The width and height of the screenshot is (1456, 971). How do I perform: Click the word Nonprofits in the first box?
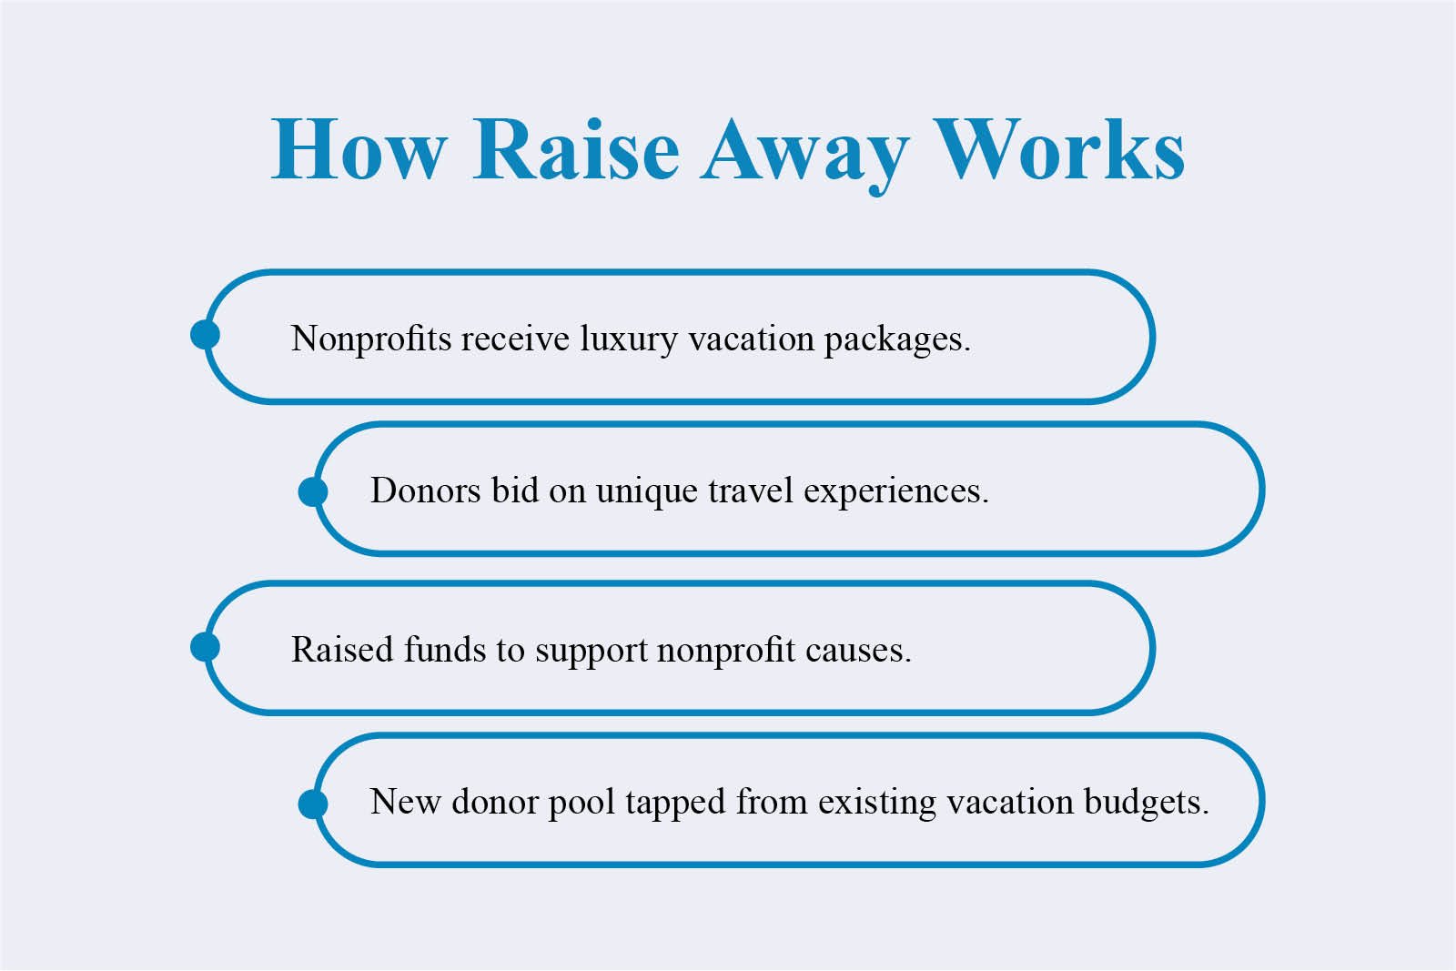click(370, 339)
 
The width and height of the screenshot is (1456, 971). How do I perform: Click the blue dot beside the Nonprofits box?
click(205, 335)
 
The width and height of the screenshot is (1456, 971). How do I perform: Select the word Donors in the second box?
click(425, 491)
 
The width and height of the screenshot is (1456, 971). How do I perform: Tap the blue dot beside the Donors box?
click(313, 492)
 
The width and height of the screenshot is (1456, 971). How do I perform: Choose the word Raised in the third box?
click(342, 650)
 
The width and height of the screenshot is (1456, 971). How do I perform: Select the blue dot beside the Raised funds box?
click(205, 647)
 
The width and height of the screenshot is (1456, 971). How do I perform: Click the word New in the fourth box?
click(405, 802)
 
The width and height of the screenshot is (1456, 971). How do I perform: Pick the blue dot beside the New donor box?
click(313, 804)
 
